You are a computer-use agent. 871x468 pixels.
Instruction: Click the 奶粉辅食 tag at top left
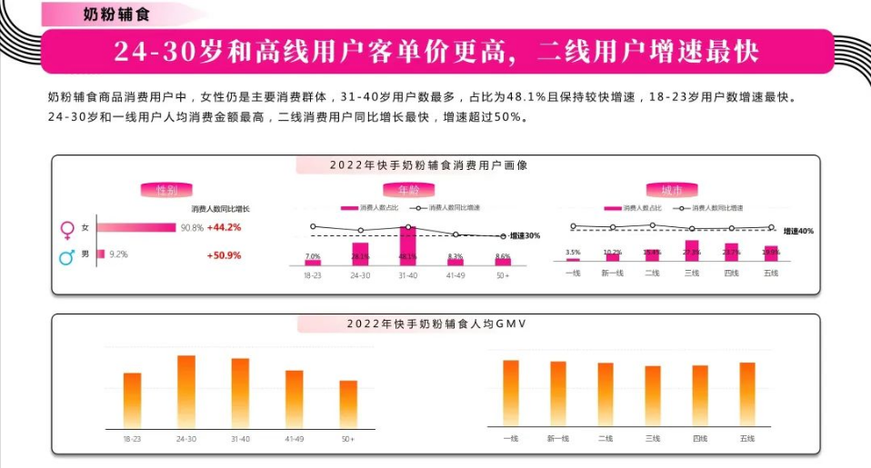pyautogui.click(x=108, y=16)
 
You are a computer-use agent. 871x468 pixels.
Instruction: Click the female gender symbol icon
pyautogui.click(x=66, y=228)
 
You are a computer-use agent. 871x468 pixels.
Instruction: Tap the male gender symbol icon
pyautogui.click(x=66, y=256)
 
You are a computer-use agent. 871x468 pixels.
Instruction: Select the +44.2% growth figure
pyautogui.click(x=224, y=227)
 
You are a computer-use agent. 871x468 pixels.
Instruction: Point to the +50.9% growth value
pyautogui.click(x=224, y=255)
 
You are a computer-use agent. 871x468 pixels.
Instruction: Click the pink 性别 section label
pyautogui.click(x=166, y=190)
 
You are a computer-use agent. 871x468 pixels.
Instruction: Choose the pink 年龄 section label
pyautogui.click(x=408, y=190)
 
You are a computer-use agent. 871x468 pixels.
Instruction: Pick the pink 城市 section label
pyautogui.click(x=671, y=190)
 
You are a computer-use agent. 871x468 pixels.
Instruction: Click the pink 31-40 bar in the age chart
pyautogui.click(x=408, y=246)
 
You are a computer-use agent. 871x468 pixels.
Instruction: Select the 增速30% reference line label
pyautogui.click(x=524, y=236)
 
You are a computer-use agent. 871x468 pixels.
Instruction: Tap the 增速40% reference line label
pyautogui.click(x=798, y=232)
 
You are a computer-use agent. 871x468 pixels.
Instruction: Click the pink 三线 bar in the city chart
pyautogui.click(x=691, y=251)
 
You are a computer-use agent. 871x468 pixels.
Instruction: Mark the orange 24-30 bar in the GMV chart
pyautogui.click(x=186, y=391)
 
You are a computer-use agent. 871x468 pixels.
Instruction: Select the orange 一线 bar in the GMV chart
pyautogui.click(x=510, y=393)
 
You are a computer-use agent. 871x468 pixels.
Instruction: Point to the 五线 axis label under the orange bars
pyautogui.click(x=747, y=439)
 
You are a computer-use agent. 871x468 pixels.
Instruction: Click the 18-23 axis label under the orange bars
pyautogui.click(x=132, y=439)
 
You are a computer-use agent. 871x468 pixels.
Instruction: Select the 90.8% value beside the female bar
pyautogui.click(x=192, y=227)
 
